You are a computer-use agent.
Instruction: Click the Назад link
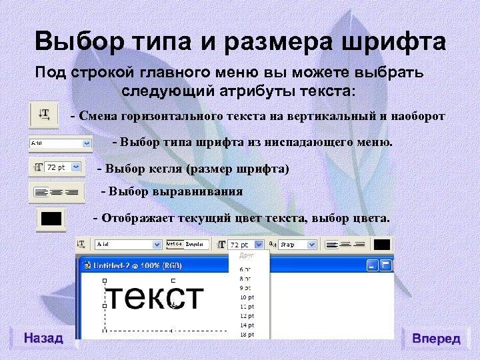[43, 338]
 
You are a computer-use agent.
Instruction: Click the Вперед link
[437, 339]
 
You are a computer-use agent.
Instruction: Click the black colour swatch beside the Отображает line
[51, 219]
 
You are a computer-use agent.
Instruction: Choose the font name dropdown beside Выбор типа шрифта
[60, 143]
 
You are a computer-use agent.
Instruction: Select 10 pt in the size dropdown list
[247, 297]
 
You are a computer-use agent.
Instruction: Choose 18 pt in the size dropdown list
[247, 333]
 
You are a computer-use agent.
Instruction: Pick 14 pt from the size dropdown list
[247, 325]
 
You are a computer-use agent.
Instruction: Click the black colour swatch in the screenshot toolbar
[381, 245]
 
